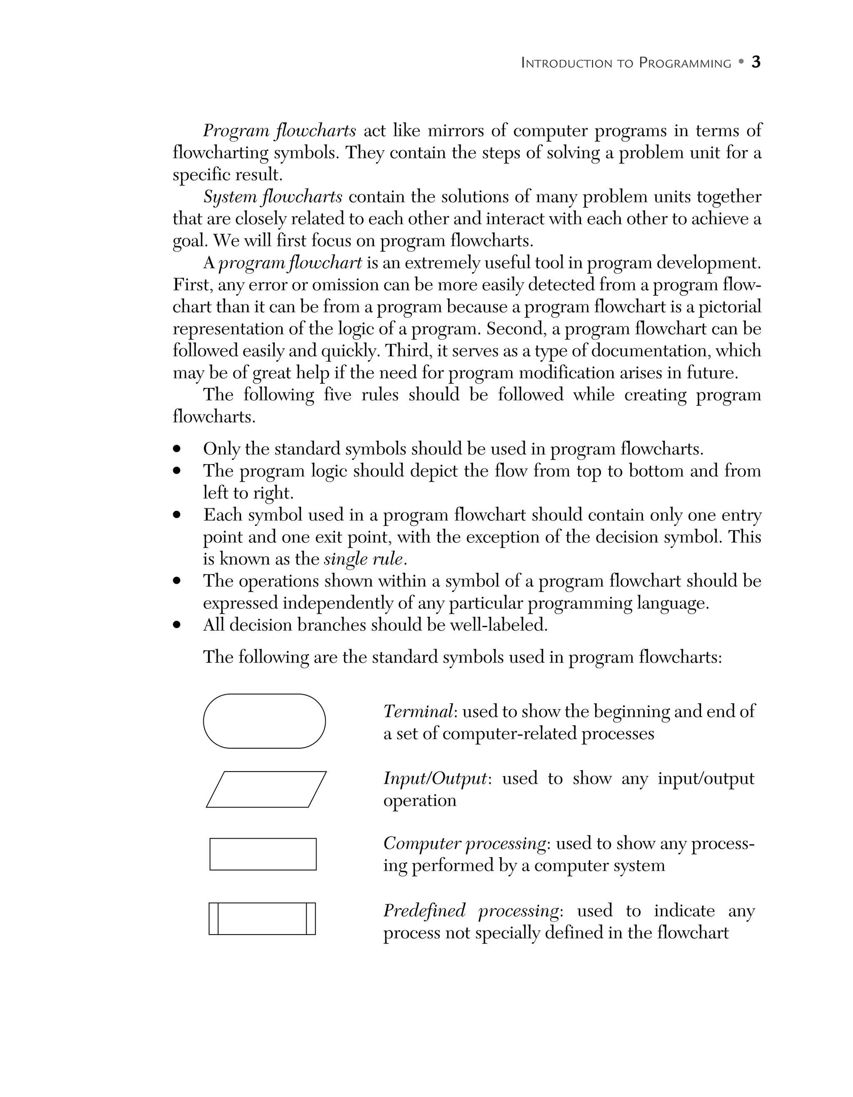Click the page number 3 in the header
756,62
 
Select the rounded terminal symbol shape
264,721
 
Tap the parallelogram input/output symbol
266,789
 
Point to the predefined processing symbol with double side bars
262,919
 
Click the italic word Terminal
418,711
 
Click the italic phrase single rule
363,559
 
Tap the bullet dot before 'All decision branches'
176,625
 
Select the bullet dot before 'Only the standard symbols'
176,449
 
